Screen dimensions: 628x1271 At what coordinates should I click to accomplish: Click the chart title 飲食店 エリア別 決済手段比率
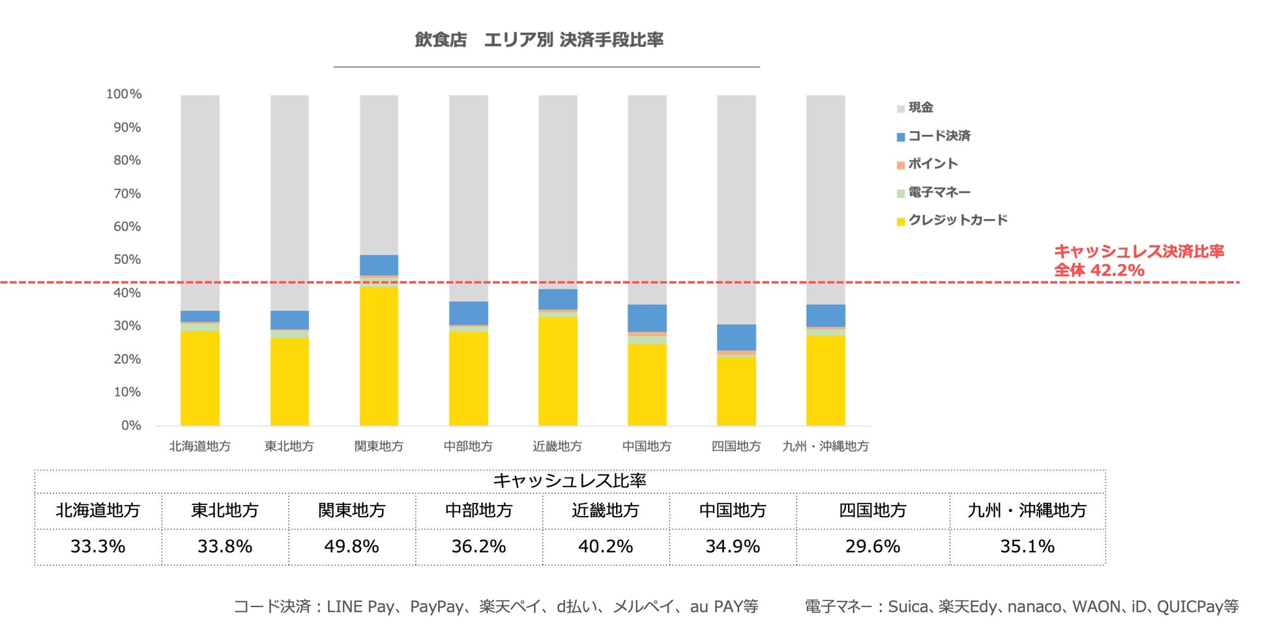point(539,40)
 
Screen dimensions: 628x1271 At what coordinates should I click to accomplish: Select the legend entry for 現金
point(920,107)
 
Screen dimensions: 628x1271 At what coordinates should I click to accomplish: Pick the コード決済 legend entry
point(939,136)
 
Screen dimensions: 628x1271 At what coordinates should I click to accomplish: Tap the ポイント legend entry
point(932,164)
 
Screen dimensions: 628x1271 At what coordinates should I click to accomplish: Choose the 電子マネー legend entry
point(939,192)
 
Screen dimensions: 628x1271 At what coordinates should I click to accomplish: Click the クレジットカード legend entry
point(957,220)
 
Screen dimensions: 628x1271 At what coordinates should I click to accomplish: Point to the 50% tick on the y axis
point(127,259)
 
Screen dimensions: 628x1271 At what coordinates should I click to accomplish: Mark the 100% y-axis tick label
point(124,94)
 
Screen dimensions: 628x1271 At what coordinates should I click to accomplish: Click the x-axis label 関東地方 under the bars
point(379,446)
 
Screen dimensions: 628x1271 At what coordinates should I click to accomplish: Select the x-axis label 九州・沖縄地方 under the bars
point(825,446)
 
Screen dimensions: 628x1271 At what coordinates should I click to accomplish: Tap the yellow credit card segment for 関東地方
point(379,356)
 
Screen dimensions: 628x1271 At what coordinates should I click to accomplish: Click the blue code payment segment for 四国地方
point(737,337)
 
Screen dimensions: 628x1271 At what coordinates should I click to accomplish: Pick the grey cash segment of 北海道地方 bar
point(200,202)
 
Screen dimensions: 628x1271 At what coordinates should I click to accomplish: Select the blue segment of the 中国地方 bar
point(647,318)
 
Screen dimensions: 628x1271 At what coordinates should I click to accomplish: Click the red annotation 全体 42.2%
point(1099,270)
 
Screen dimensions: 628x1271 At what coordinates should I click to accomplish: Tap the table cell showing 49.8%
point(351,547)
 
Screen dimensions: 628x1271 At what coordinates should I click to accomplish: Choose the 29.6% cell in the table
point(872,547)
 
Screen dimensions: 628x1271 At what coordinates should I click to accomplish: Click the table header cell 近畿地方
point(606,510)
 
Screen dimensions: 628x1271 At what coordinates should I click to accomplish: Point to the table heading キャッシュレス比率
point(570,481)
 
